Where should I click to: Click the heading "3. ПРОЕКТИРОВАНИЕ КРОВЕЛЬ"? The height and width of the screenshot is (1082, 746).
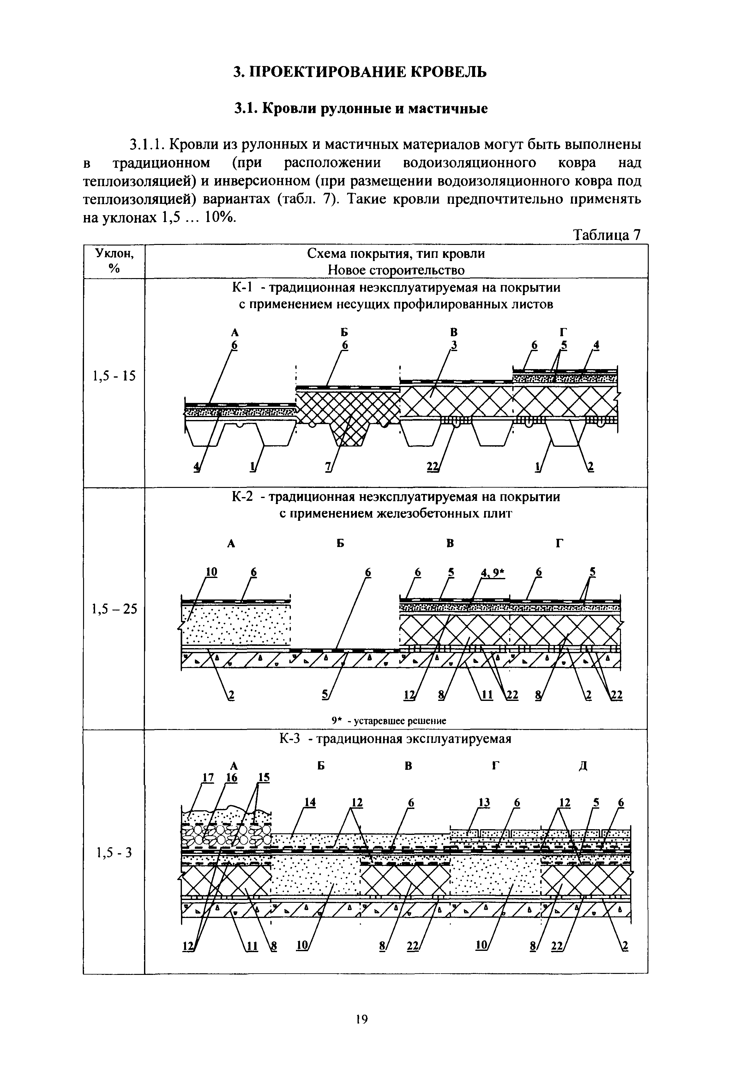(360, 72)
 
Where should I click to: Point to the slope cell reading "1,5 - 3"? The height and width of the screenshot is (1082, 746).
(114, 853)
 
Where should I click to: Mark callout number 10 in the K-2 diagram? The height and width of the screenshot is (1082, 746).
(212, 572)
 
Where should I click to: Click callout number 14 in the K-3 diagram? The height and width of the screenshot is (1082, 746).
(310, 802)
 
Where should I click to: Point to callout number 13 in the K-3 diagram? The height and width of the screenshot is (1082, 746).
(484, 802)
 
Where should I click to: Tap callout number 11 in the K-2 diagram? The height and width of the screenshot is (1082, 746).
(487, 696)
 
